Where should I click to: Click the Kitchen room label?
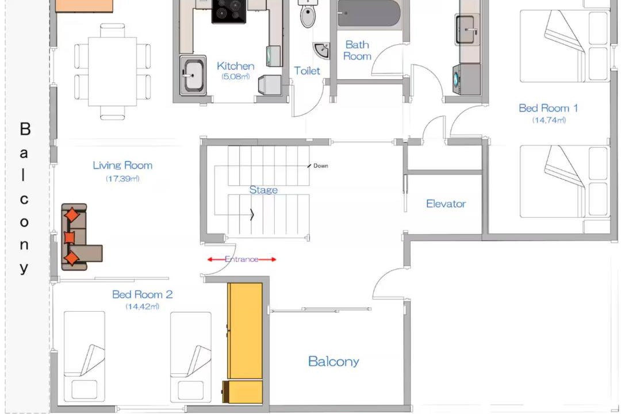[x=235, y=66]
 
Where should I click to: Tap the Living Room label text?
[x=122, y=165]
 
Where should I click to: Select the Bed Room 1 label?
[x=548, y=108]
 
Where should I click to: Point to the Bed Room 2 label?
[x=142, y=294]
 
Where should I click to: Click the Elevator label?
[x=446, y=204]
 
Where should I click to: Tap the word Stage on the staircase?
[x=263, y=190]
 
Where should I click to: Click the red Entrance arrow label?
[x=241, y=259]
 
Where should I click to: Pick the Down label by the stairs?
[x=320, y=166]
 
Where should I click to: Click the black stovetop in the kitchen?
[x=228, y=11]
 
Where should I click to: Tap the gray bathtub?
[x=369, y=14]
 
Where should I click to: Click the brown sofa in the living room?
[x=79, y=237]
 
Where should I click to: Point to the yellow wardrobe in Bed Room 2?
[x=245, y=343]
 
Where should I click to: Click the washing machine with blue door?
[x=466, y=79]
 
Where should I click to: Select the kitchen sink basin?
[x=193, y=75]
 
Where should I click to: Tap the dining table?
[x=113, y=72]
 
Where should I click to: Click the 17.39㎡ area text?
[x=122, y=179]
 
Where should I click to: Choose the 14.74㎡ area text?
[x=549, y=120]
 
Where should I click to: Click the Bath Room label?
[x=357, y=51]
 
